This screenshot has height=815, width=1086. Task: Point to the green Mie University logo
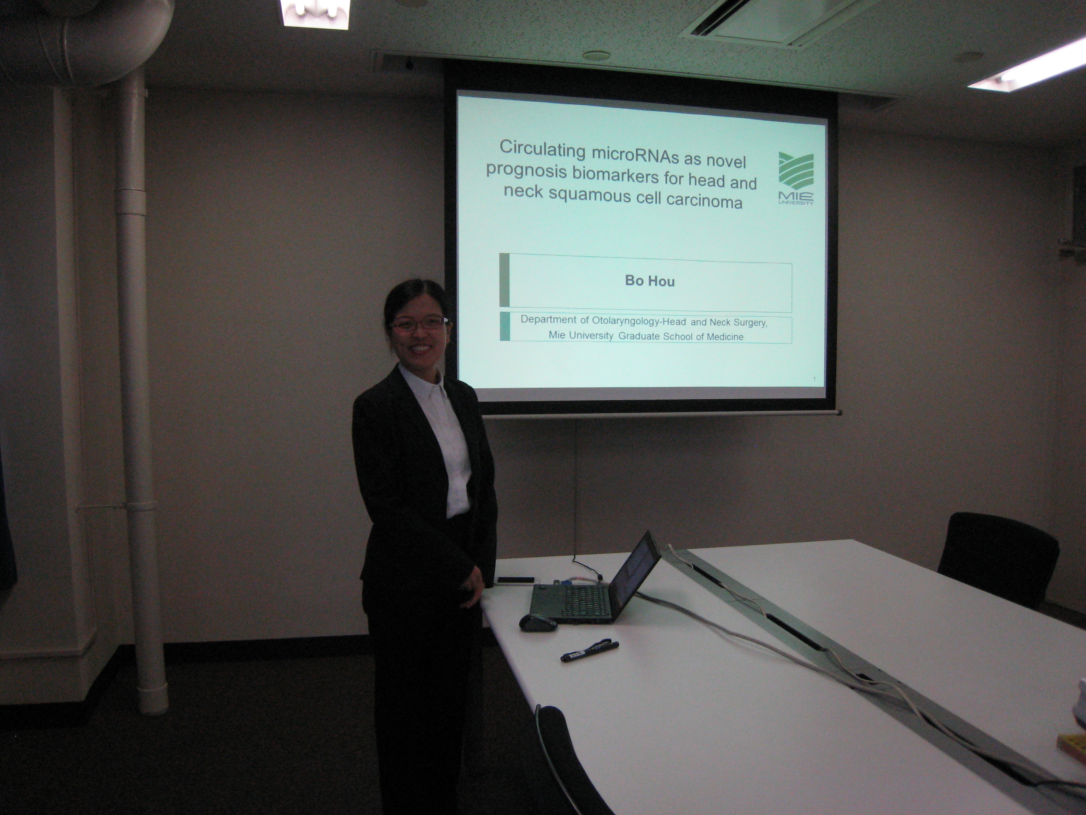[x=796, y=178]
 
